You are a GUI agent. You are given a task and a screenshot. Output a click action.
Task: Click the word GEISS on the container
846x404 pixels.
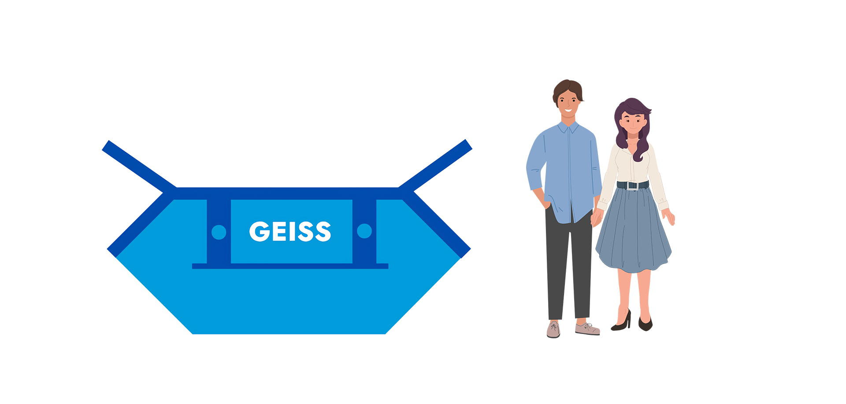[290, 231]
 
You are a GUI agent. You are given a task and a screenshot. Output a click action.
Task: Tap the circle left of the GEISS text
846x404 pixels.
[219, 232]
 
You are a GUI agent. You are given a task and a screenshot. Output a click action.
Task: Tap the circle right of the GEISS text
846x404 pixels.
[364, 231]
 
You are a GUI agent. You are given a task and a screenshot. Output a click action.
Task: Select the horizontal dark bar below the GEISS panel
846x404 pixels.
[290, 266]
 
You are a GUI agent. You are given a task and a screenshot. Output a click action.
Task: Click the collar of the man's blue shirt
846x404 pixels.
[568, 128]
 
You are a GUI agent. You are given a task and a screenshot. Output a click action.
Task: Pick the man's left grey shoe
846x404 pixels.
[553, 330]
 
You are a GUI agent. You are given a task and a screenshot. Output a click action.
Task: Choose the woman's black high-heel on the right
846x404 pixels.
[645, 324]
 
